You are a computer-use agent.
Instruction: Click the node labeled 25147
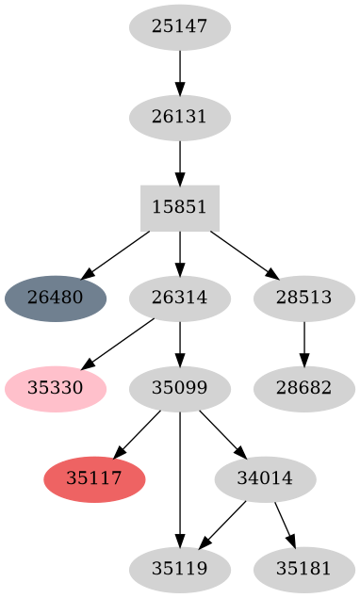[x=179, y=27]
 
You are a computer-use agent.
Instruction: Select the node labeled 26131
[x=179, y=118]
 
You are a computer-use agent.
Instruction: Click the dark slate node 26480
[x=56, y=299]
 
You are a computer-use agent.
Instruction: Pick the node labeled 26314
[x=179, y=299]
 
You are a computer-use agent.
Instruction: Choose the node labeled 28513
[x=303, y=299]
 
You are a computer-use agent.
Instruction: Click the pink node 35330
[x=56, y=388]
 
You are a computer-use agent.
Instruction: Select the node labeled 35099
[x=179, y=388]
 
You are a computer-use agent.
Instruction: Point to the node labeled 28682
[x=303, y=388]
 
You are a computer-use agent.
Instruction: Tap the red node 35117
[x=94, y=478]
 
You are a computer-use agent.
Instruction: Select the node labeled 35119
[x=179, y=569]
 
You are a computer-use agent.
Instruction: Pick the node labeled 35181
[x=303, y=569]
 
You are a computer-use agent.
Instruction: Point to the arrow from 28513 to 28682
[x=303, y=343]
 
